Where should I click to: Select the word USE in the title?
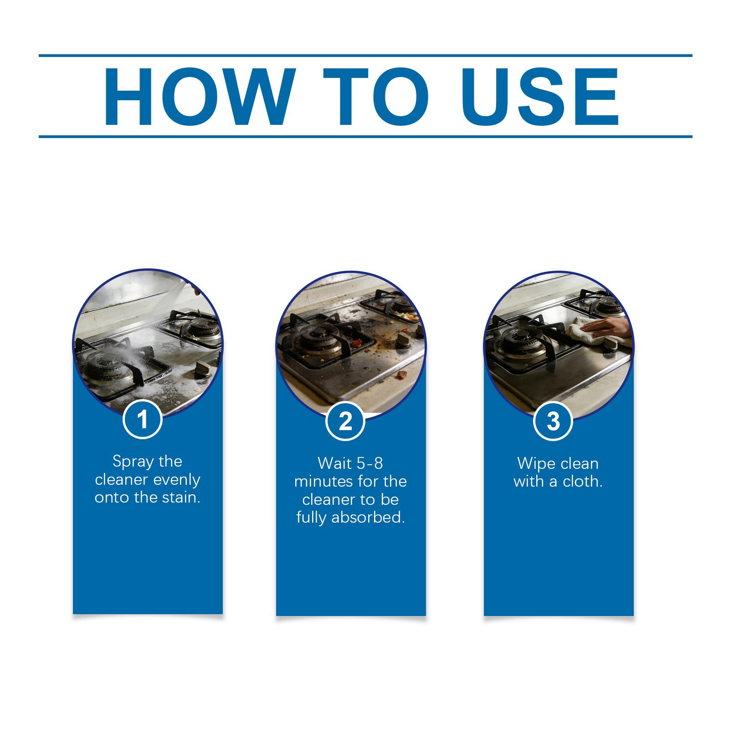pos(543,97)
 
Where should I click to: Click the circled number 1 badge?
pos(143,419)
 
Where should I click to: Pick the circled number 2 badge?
pos(346,421)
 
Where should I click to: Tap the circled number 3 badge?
pos(553,421)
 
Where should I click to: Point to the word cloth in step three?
pos(583,482)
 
